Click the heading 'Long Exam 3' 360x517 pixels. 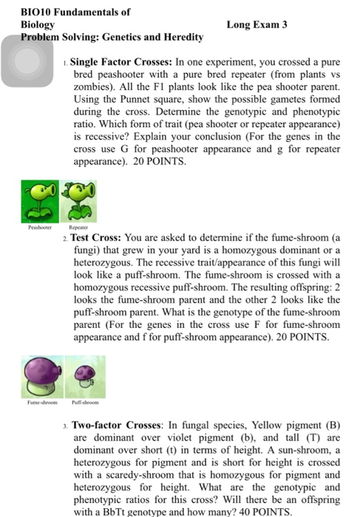pos(257,24)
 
